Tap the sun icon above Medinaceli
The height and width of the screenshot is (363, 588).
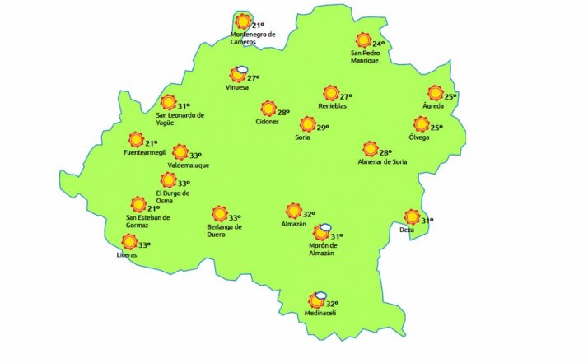pos(313,302)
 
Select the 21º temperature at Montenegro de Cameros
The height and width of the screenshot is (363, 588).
pos(259,26)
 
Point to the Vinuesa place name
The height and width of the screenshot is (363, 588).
pos(236,87)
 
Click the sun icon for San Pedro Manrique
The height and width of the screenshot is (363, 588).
pos(363,40)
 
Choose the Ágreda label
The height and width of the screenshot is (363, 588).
pos(433,106)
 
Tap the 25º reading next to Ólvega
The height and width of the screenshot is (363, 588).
pos(436,128)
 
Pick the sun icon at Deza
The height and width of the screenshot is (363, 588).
pos(412,217)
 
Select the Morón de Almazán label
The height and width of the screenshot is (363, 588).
pos(324,249)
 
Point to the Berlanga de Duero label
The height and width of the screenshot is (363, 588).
pos(224,230)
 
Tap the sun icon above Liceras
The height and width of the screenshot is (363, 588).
pos(128,242)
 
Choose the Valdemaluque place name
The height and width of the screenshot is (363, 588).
pos(189,165)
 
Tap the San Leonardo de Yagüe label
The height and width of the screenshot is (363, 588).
pos(180,119)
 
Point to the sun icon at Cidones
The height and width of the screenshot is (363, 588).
pos(268,109)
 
